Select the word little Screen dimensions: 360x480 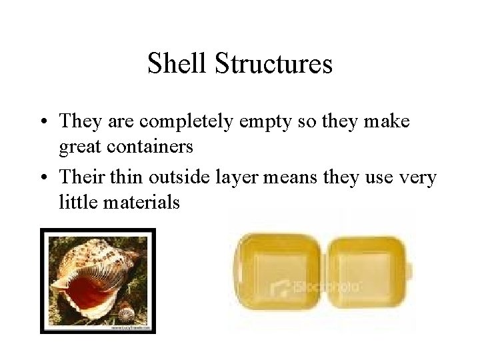(x=77, y=201)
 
